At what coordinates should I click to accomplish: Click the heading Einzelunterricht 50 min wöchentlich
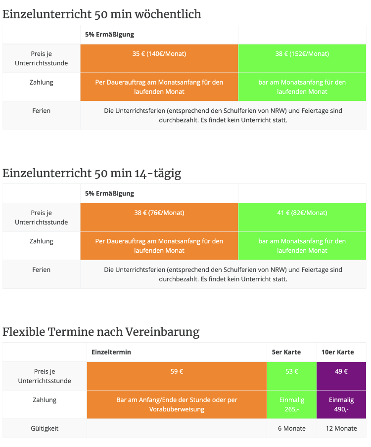102,14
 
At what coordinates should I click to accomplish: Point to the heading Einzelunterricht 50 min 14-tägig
92,174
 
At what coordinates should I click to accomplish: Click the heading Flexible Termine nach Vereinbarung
101,332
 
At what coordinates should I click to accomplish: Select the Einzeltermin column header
111,352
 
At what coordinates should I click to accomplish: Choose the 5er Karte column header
284,352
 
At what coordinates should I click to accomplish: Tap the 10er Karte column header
338,352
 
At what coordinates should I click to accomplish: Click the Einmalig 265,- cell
291,404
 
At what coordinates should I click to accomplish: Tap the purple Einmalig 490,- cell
341,404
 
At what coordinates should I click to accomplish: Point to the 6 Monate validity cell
291,428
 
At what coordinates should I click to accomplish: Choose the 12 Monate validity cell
341,428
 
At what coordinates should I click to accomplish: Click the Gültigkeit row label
45,428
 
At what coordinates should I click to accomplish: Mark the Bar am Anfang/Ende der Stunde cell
177,404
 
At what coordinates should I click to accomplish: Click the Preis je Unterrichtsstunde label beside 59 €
45,376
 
